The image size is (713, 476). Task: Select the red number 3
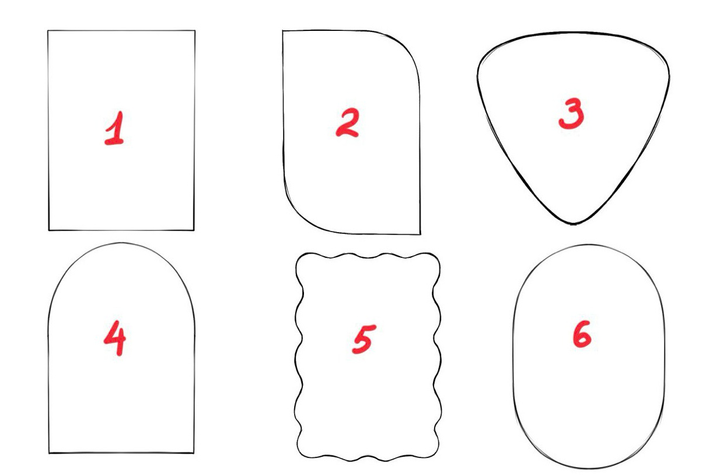[x=571, y=114]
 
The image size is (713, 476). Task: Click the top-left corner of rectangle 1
[x=48, y=30]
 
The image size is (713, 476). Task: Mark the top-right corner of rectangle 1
[x=194, y=30]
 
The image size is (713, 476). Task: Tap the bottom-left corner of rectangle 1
[x=48, y=230]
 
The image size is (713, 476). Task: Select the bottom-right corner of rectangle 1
[x=194, y=230]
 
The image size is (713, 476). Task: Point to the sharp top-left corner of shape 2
[x=283, y=31]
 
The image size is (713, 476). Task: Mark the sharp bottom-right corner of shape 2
[x=420, y=235]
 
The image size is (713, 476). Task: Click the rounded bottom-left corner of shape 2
[x=295, y=218]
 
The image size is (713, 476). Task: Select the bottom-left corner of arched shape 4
[x=48, y=453]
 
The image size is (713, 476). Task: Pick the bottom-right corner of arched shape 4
[x=194, y=453]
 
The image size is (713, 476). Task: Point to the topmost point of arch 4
[x=121, y=243]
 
